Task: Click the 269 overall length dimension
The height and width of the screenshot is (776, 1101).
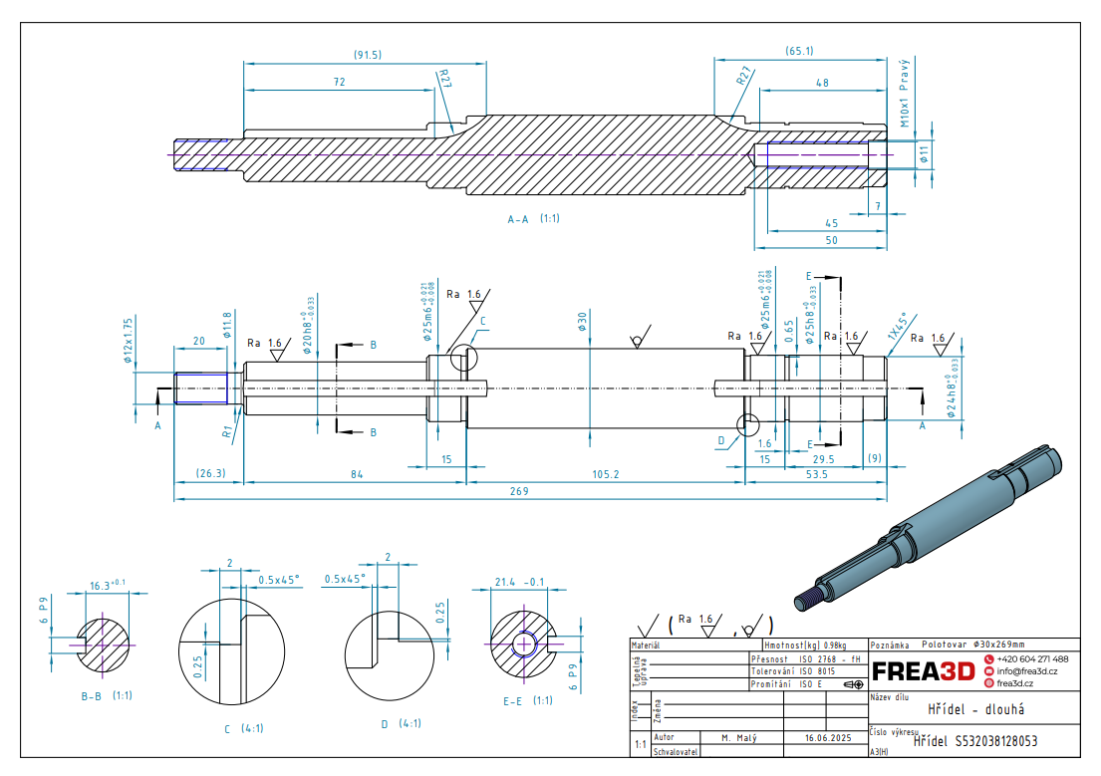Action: coord(517,491)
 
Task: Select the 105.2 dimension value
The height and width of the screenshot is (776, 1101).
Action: coord(605,474)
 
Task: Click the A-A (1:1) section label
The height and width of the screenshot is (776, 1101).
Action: coord(533,217)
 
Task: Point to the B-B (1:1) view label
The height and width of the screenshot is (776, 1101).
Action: coord(108,694)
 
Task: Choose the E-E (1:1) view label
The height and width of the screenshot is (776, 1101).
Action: coord(528,700)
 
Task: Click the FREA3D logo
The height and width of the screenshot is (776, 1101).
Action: coord(923,671)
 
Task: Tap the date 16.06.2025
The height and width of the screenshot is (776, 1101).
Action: coord(827,738)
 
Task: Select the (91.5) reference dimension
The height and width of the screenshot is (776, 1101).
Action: coord(368,54)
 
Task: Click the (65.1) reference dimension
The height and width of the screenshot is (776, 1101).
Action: coord(799,50)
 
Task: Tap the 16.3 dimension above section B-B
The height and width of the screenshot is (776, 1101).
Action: coord(108,586)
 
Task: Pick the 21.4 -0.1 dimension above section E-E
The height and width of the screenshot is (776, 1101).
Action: coord(520,582)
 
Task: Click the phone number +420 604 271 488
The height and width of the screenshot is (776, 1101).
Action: coord(1032,659)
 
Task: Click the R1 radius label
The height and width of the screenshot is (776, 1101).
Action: coord(227,432)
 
